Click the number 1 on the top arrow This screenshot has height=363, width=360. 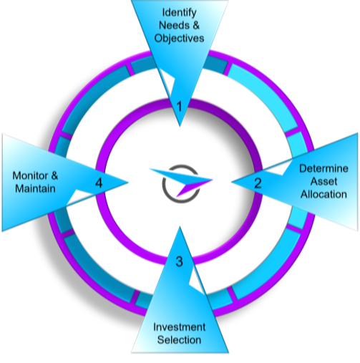click(180, 106)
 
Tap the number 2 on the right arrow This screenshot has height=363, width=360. click(258, 183)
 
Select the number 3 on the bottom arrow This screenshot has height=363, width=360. click(180, 261)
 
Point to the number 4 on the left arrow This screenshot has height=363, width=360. click(99, 183)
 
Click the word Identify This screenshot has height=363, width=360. click(179, 13)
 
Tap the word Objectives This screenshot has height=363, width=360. click(179, 38)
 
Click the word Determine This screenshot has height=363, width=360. click(323, 168)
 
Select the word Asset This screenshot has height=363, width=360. click(323, 181)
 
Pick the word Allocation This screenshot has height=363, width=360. click(323, 194)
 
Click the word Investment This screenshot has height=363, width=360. click(180, 327)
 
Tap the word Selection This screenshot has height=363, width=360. click(180, 340)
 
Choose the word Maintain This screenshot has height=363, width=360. click(35, 188)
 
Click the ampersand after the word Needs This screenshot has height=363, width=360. click(195, 25)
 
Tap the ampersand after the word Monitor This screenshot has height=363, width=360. click(54, 176)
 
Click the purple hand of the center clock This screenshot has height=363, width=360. click(194, 188)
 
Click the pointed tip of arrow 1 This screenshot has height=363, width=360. click(180, 126)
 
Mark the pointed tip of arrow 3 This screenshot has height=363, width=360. click(180, 227)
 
